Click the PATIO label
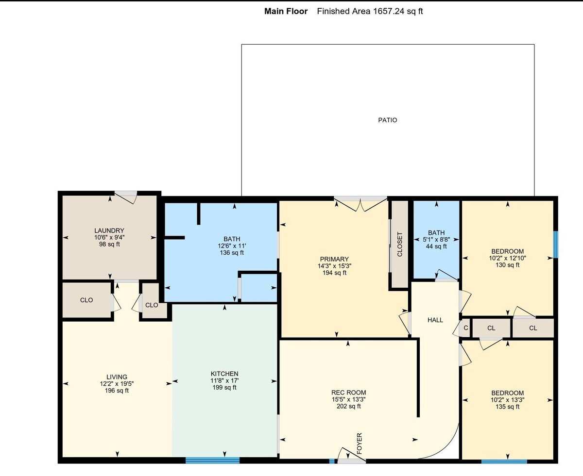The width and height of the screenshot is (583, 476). point(387,120)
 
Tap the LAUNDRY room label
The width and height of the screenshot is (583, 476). point(109,230)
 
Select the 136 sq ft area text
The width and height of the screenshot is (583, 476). point(232,253)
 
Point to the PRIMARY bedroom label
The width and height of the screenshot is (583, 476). point(334,259)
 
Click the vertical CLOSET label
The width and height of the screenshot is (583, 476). point(400,245)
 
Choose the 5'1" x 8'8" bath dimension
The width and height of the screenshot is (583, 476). point(436,240)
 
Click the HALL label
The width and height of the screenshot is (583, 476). point(435,320)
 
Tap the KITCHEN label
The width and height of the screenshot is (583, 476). point(224,374)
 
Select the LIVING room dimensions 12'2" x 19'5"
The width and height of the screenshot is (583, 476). point(117,384)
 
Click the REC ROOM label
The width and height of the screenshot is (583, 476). point(348,393)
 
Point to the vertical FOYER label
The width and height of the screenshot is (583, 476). point(360,443)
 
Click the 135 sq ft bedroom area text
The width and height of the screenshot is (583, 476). point(508,407)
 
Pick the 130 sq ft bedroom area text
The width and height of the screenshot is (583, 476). point(508,265)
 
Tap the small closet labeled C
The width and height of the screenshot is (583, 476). point(466,328)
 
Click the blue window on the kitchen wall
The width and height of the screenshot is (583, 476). point(212,460)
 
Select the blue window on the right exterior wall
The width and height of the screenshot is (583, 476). point(556,245)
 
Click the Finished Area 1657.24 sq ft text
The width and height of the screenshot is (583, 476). point(370,11)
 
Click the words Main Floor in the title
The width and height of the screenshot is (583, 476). point(286,11)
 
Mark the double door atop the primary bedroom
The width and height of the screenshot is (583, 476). point(360,204)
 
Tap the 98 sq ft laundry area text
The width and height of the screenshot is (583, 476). point(109,245)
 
